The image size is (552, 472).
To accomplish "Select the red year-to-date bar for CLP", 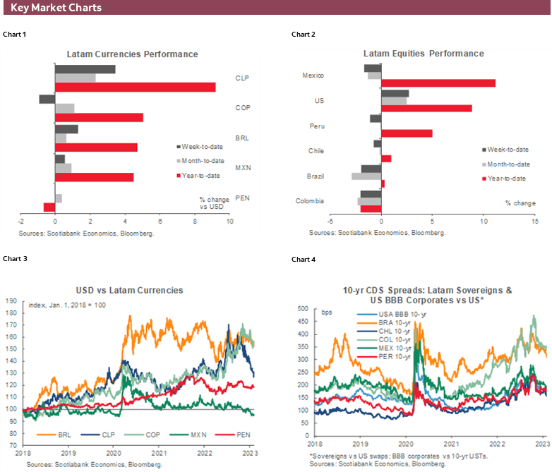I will [x=136, y=87].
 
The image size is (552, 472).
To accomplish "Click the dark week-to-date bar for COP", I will [x=47, y=99].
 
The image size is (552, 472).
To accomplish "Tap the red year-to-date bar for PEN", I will [x=49, y=207].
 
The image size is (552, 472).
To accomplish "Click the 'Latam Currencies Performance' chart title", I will [x=132, y=54].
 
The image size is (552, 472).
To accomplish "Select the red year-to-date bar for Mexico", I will [x=438, y=83].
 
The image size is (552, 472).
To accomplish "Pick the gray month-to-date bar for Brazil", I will [x=366, y=176].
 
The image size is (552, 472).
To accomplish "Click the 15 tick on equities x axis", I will [x=535, y=222].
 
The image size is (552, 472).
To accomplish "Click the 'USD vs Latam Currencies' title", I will [x=129, y=290].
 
